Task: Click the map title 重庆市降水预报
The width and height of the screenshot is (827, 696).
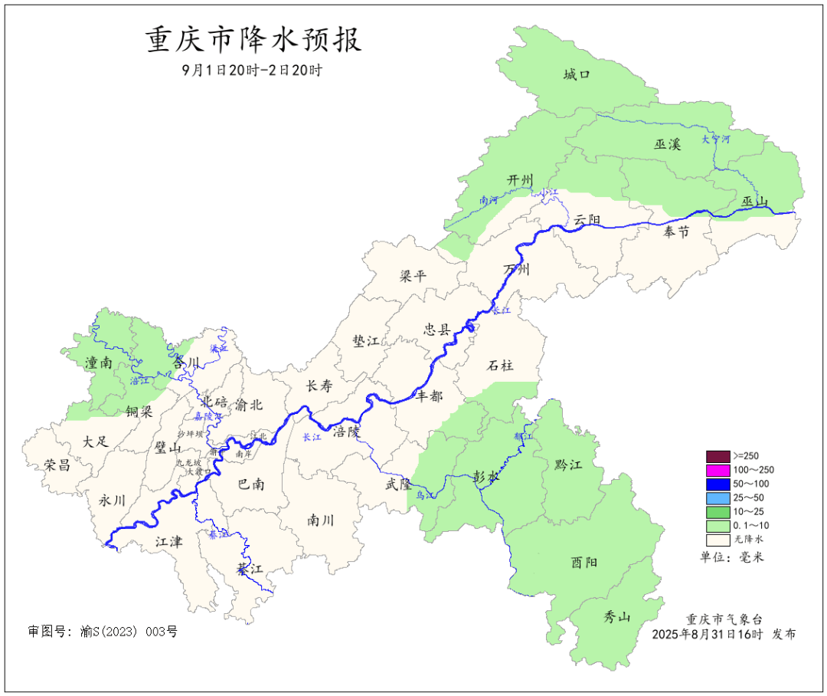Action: [x=253, y=40]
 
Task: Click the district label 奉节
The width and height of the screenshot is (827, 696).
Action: [x=676, y=231]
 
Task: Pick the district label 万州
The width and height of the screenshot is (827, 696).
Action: [x=516, y=270]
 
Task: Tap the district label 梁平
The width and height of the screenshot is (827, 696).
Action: [x=413, y=276]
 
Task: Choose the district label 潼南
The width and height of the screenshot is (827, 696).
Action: [x=100, y=363]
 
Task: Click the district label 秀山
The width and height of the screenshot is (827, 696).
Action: [x=619, y=616]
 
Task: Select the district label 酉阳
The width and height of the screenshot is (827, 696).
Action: [x=584, y=562]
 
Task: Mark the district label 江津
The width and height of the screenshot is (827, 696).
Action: [x=168, y=542]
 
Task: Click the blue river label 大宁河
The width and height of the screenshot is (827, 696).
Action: [x=716, y=140]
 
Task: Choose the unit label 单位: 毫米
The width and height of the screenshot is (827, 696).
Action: [x=732, y=556]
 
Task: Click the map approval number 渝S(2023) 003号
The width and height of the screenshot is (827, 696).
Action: [x=127, y=632]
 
